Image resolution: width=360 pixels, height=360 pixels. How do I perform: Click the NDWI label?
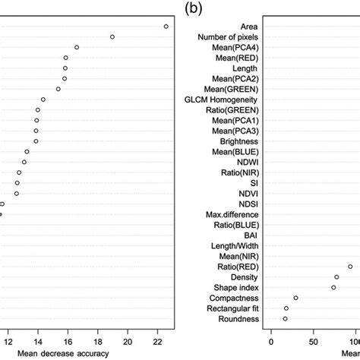[248, 163]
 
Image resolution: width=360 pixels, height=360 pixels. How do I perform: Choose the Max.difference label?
[232, 215]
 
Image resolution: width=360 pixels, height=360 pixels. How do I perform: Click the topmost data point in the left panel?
[166, 27]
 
